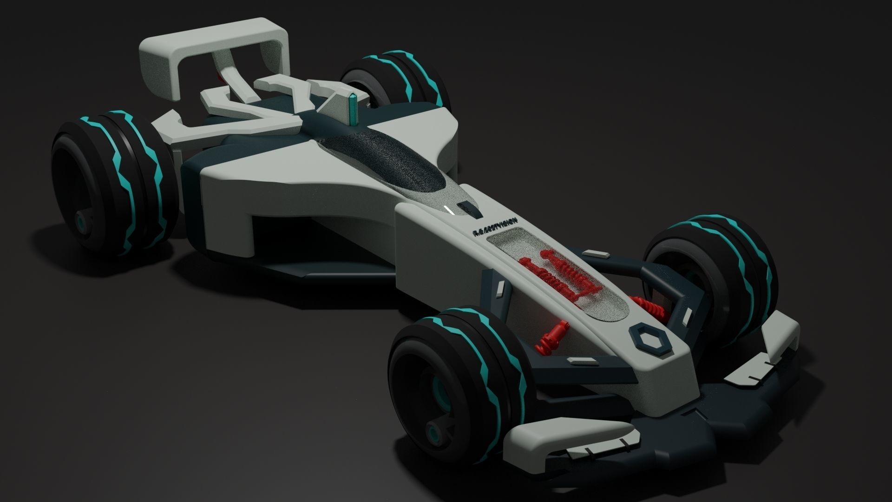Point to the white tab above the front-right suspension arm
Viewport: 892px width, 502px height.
(x=597, y=254)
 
